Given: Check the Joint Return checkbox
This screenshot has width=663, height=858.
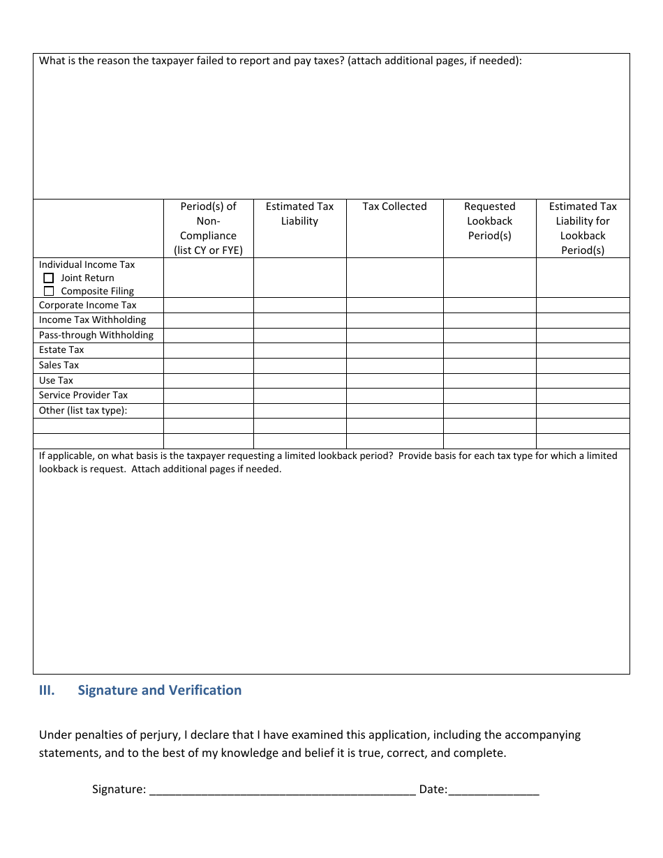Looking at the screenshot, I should click(49, 278).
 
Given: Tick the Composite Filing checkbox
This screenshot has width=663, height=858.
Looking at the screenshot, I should click(49, 291).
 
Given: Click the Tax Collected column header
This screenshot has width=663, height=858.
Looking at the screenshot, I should click(394, 206).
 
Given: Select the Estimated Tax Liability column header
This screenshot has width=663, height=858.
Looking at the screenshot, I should click(299, 213).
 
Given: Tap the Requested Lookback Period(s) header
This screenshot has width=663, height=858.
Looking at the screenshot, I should click(489, 220).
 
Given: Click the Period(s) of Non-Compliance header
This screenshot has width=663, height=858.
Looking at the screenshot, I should click(208, 228).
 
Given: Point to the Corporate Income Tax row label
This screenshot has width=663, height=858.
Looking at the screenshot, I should click(87, 305).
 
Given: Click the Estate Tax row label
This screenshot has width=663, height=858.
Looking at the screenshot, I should click(61, 349).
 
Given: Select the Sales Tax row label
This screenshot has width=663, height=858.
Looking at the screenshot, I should click(59, 365).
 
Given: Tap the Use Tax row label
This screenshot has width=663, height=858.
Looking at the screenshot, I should click(56, 380).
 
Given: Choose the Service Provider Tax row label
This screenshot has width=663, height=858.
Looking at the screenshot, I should click(83, 395).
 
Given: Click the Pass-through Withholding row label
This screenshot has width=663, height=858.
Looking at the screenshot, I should click(96, 335).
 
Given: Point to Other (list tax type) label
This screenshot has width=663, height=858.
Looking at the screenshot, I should click(82, 410).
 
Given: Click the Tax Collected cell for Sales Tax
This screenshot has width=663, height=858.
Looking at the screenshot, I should click(394, 366).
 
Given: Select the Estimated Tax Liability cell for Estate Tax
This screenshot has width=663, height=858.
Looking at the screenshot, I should click(299, 350).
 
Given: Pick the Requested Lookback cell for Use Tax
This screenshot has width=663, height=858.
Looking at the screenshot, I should click(489, 381).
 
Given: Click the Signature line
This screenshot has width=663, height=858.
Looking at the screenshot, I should click(283, 790).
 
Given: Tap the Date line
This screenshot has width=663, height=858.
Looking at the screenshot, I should click(493, 790).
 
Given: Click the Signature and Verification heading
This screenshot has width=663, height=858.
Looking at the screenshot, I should click(159, 690).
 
